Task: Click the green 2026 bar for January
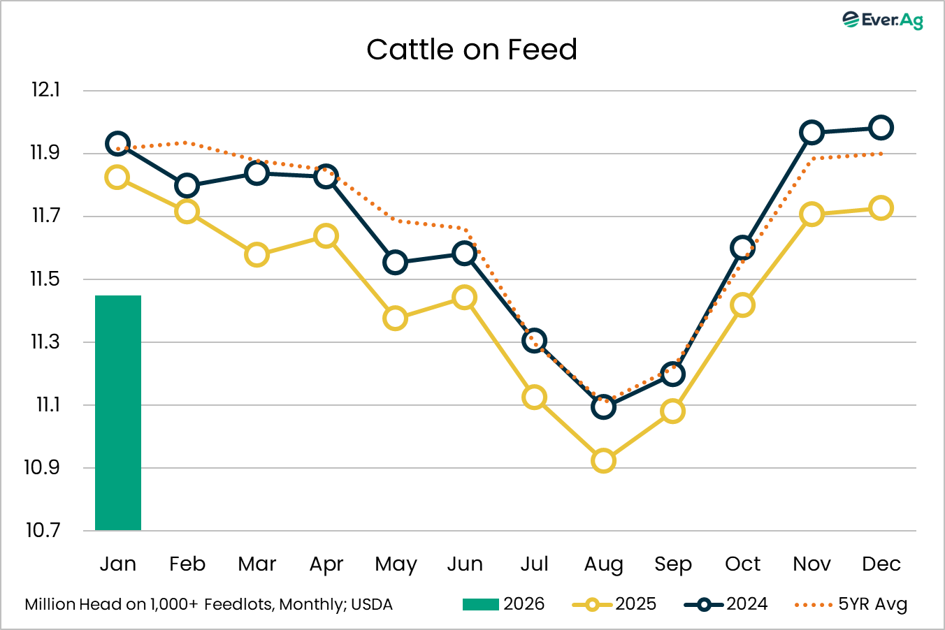click(118, 412)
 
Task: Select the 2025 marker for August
click(603, 461)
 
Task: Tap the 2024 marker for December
click(881, 128)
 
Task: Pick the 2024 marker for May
click(396, 263)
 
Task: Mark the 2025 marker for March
click(257, 255)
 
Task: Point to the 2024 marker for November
click(811, 133)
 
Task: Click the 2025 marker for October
click(742, 305)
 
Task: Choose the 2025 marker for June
click(465, 298)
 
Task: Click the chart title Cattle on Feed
click(472, 50)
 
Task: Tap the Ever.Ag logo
click(883, 20)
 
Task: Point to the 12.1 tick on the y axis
click(45, 90)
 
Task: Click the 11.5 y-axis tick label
click(45, 279)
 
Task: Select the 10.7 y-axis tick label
click(43, 530)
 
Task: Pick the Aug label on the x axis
click(603, 564)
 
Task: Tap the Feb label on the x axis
click(187, 564)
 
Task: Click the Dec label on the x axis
click(881, 564)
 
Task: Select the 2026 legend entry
click(503, 604)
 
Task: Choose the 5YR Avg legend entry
click(851, 604)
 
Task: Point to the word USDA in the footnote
click(372, 604)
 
